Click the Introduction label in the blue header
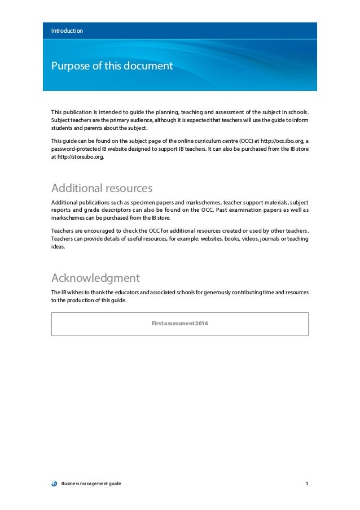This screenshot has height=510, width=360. click(x=67, y=30)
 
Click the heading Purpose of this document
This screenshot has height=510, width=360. click(x=112, y=67)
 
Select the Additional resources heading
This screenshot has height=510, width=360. click(x=102, y=188)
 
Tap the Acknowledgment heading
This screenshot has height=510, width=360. click(x=95, y=278)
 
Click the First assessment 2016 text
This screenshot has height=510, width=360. click(x=179, y=322)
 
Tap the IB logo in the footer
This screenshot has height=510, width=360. click(x=54, y=484)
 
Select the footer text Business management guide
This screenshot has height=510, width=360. click(x=91, y=484)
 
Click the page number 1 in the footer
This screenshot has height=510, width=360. click(x=306, y=484)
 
